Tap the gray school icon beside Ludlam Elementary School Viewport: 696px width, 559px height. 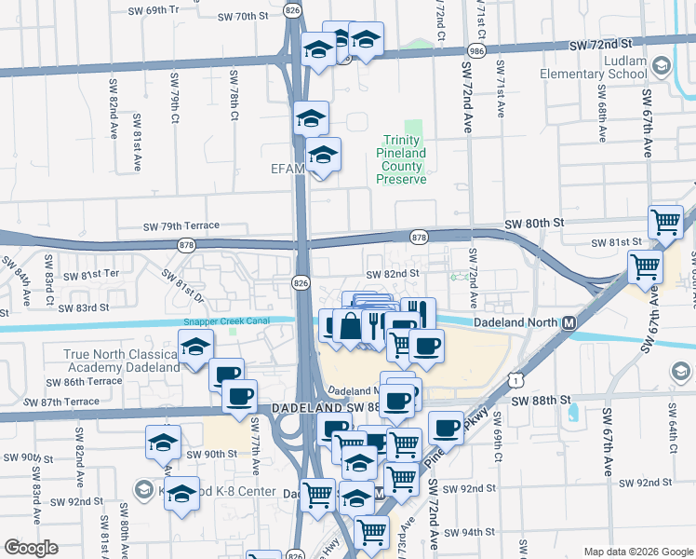(661, 64)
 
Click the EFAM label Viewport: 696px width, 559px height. (283, 168)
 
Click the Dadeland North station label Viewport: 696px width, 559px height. (514, 322)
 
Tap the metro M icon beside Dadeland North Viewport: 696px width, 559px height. (569, 322)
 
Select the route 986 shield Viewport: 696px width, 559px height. (477, 50)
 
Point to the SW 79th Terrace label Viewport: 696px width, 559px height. (181, 226)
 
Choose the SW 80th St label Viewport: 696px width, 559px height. (534, 224)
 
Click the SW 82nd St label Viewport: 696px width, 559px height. (393, 275)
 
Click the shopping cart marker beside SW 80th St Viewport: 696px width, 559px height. (666, 222)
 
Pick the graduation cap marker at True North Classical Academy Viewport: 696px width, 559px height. (196, 348)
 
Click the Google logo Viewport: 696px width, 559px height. (32, 548)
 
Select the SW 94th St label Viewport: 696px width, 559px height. (470, 533)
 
